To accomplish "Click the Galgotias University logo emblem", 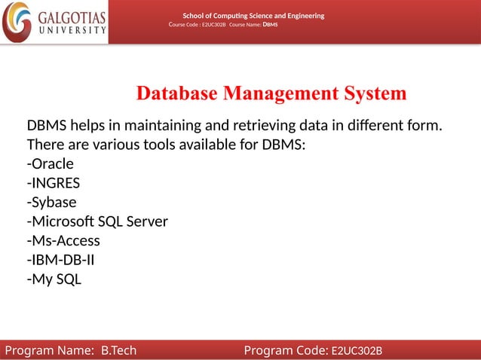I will point(17,22).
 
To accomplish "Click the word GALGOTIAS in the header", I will point(72,17).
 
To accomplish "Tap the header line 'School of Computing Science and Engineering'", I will point(253,16).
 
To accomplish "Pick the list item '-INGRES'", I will point(54,183).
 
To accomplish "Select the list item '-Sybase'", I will point(51,202).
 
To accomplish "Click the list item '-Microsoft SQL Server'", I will point(97,221).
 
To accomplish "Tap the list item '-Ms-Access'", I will point(63,241).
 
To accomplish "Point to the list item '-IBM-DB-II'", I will point(60,261).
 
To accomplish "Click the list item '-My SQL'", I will point(54,280).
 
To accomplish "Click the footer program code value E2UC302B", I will point(357,351).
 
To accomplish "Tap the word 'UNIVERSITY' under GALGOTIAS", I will point(72,31).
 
